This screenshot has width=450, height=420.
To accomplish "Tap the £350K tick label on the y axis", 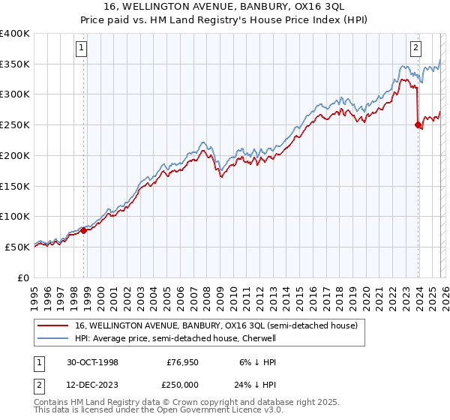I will tap(15, 64).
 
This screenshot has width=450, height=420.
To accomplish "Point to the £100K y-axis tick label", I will tap(15, 216).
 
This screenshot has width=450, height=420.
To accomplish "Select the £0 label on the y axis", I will tap(22, 277).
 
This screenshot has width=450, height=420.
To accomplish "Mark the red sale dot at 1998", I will tap(84, 230).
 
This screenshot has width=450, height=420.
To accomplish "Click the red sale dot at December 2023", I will tap(418, 125).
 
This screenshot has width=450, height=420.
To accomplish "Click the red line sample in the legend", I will tap(53, 325).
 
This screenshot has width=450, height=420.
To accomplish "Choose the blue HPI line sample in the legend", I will tap(53, 338).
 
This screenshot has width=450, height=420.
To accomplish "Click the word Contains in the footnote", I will tap(53, 403).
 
